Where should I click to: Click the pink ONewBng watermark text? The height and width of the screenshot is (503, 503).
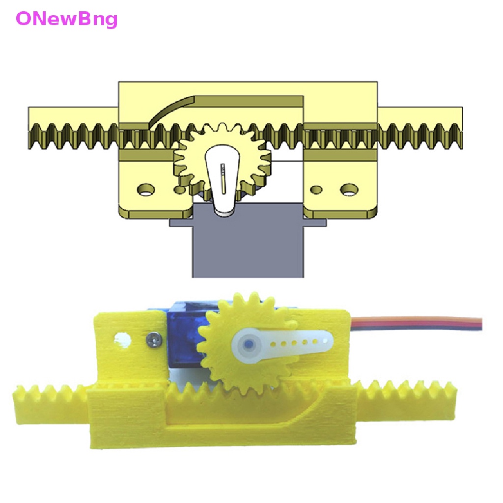pyautogui.click(x=67, y=19)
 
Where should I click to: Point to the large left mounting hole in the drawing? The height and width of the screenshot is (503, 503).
pyautogui.click(x=146, y=189)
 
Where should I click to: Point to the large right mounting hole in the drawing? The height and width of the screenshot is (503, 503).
pyautogui.click(x=349, y=189)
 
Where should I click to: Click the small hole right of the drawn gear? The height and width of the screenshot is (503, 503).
pyautogui.click(x=316, y=189)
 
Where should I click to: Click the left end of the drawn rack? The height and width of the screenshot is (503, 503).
pyautogui.click(x=29, y=128)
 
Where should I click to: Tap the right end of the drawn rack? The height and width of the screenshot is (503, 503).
pyautogui.click(x=461, y=128)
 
